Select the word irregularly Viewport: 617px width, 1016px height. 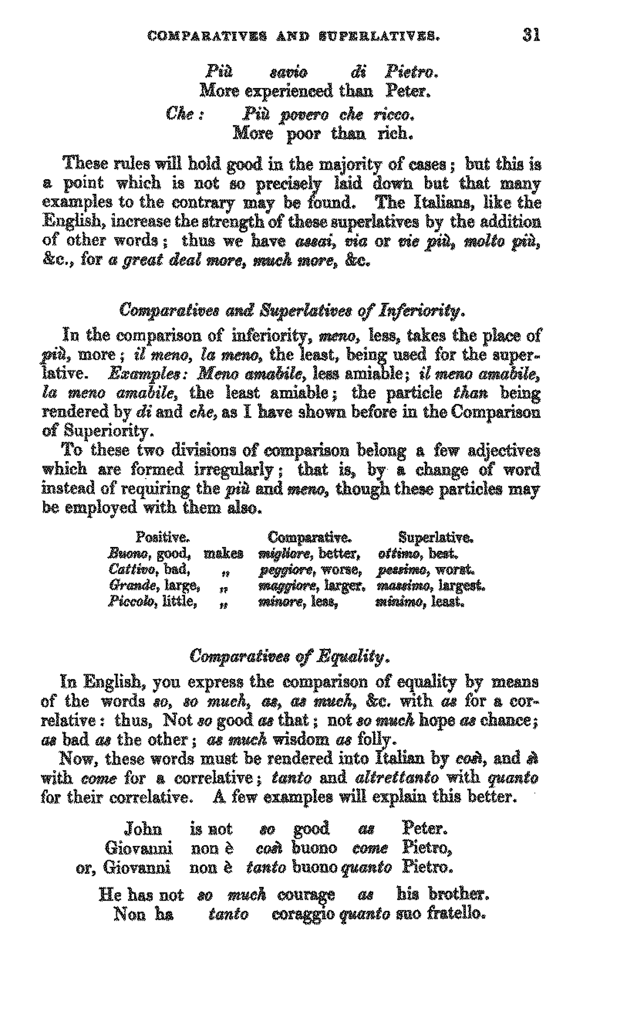pyautogui.click(x=234, y=470)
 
